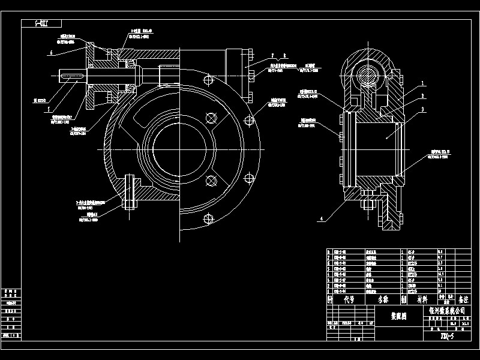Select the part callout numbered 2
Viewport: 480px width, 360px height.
(422, 95)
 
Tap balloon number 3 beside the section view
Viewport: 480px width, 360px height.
(422, 110)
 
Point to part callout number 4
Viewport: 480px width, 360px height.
(322, 220)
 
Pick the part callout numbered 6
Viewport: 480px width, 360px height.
(52, 53)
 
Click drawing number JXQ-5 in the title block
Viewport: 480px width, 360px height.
(447, 336)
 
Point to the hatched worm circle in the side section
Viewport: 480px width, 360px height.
(366, 76)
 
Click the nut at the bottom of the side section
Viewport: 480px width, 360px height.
(367, 206)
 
